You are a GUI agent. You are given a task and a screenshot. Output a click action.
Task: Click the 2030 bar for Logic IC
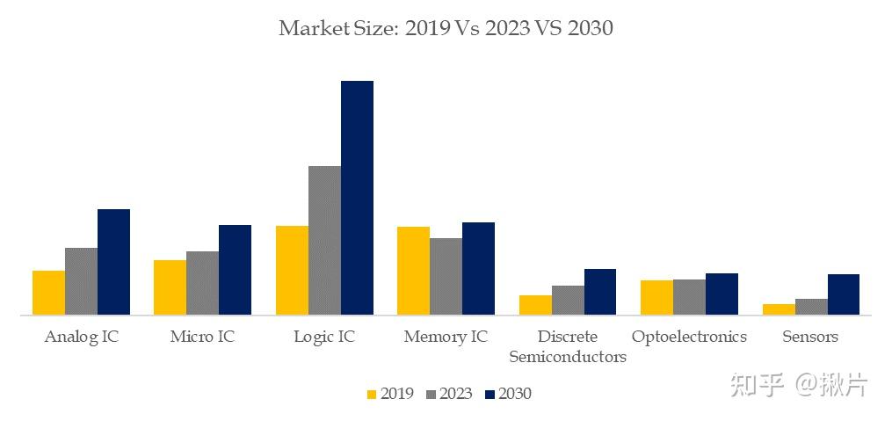pyautogui.click(x=357, y=198)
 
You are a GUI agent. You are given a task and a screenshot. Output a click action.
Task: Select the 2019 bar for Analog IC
pyautogui.click(x=48, y=293)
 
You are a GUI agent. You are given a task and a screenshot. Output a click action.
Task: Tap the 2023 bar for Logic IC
pyautogui.click(x=324, y=240)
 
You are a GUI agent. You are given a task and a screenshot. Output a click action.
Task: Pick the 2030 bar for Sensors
pyautogui.click(x=843, y=294)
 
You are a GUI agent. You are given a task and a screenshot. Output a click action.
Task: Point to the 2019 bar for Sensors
pyautogui.click(x=779, y=309)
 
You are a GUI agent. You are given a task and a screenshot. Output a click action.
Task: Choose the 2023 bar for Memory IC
pyautogui.click(x=446, y=276)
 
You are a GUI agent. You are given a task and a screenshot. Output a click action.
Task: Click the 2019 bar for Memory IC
pyautogui.click(x=413, y=271)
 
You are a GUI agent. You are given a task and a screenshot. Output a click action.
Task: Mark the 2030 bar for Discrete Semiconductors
pyautogui.click(x=600, y=292)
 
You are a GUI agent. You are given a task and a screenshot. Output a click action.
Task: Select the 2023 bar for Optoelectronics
pyautogui.click(x=689, y=297)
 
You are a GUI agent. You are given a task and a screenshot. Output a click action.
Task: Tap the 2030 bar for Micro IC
pyautogui.click(x=235, y=270)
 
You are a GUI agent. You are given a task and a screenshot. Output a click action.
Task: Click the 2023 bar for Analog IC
pyautogui.click(x=81, y=281)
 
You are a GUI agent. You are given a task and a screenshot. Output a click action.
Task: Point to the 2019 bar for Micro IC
pyautogui.click(x=170, y=287)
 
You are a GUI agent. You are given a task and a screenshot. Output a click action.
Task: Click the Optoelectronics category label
pyautogui.click(x=689, y=337)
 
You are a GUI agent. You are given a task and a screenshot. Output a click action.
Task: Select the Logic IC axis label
pyautogui.click(x=324, y=337)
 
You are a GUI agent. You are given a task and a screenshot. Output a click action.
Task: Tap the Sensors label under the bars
pyautogui.click(x=810, y=337)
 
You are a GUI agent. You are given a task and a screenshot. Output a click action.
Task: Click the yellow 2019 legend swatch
pyautogui.click(x=371, y=395)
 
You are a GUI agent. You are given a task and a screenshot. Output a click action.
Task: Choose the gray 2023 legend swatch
pyautogui.click(x=430, y=395)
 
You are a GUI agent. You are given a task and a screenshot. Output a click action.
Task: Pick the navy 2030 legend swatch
pyautogui.click(x=490, y=395)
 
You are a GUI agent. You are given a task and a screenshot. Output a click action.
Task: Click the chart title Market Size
pyautogui.click(x=446, y=28)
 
